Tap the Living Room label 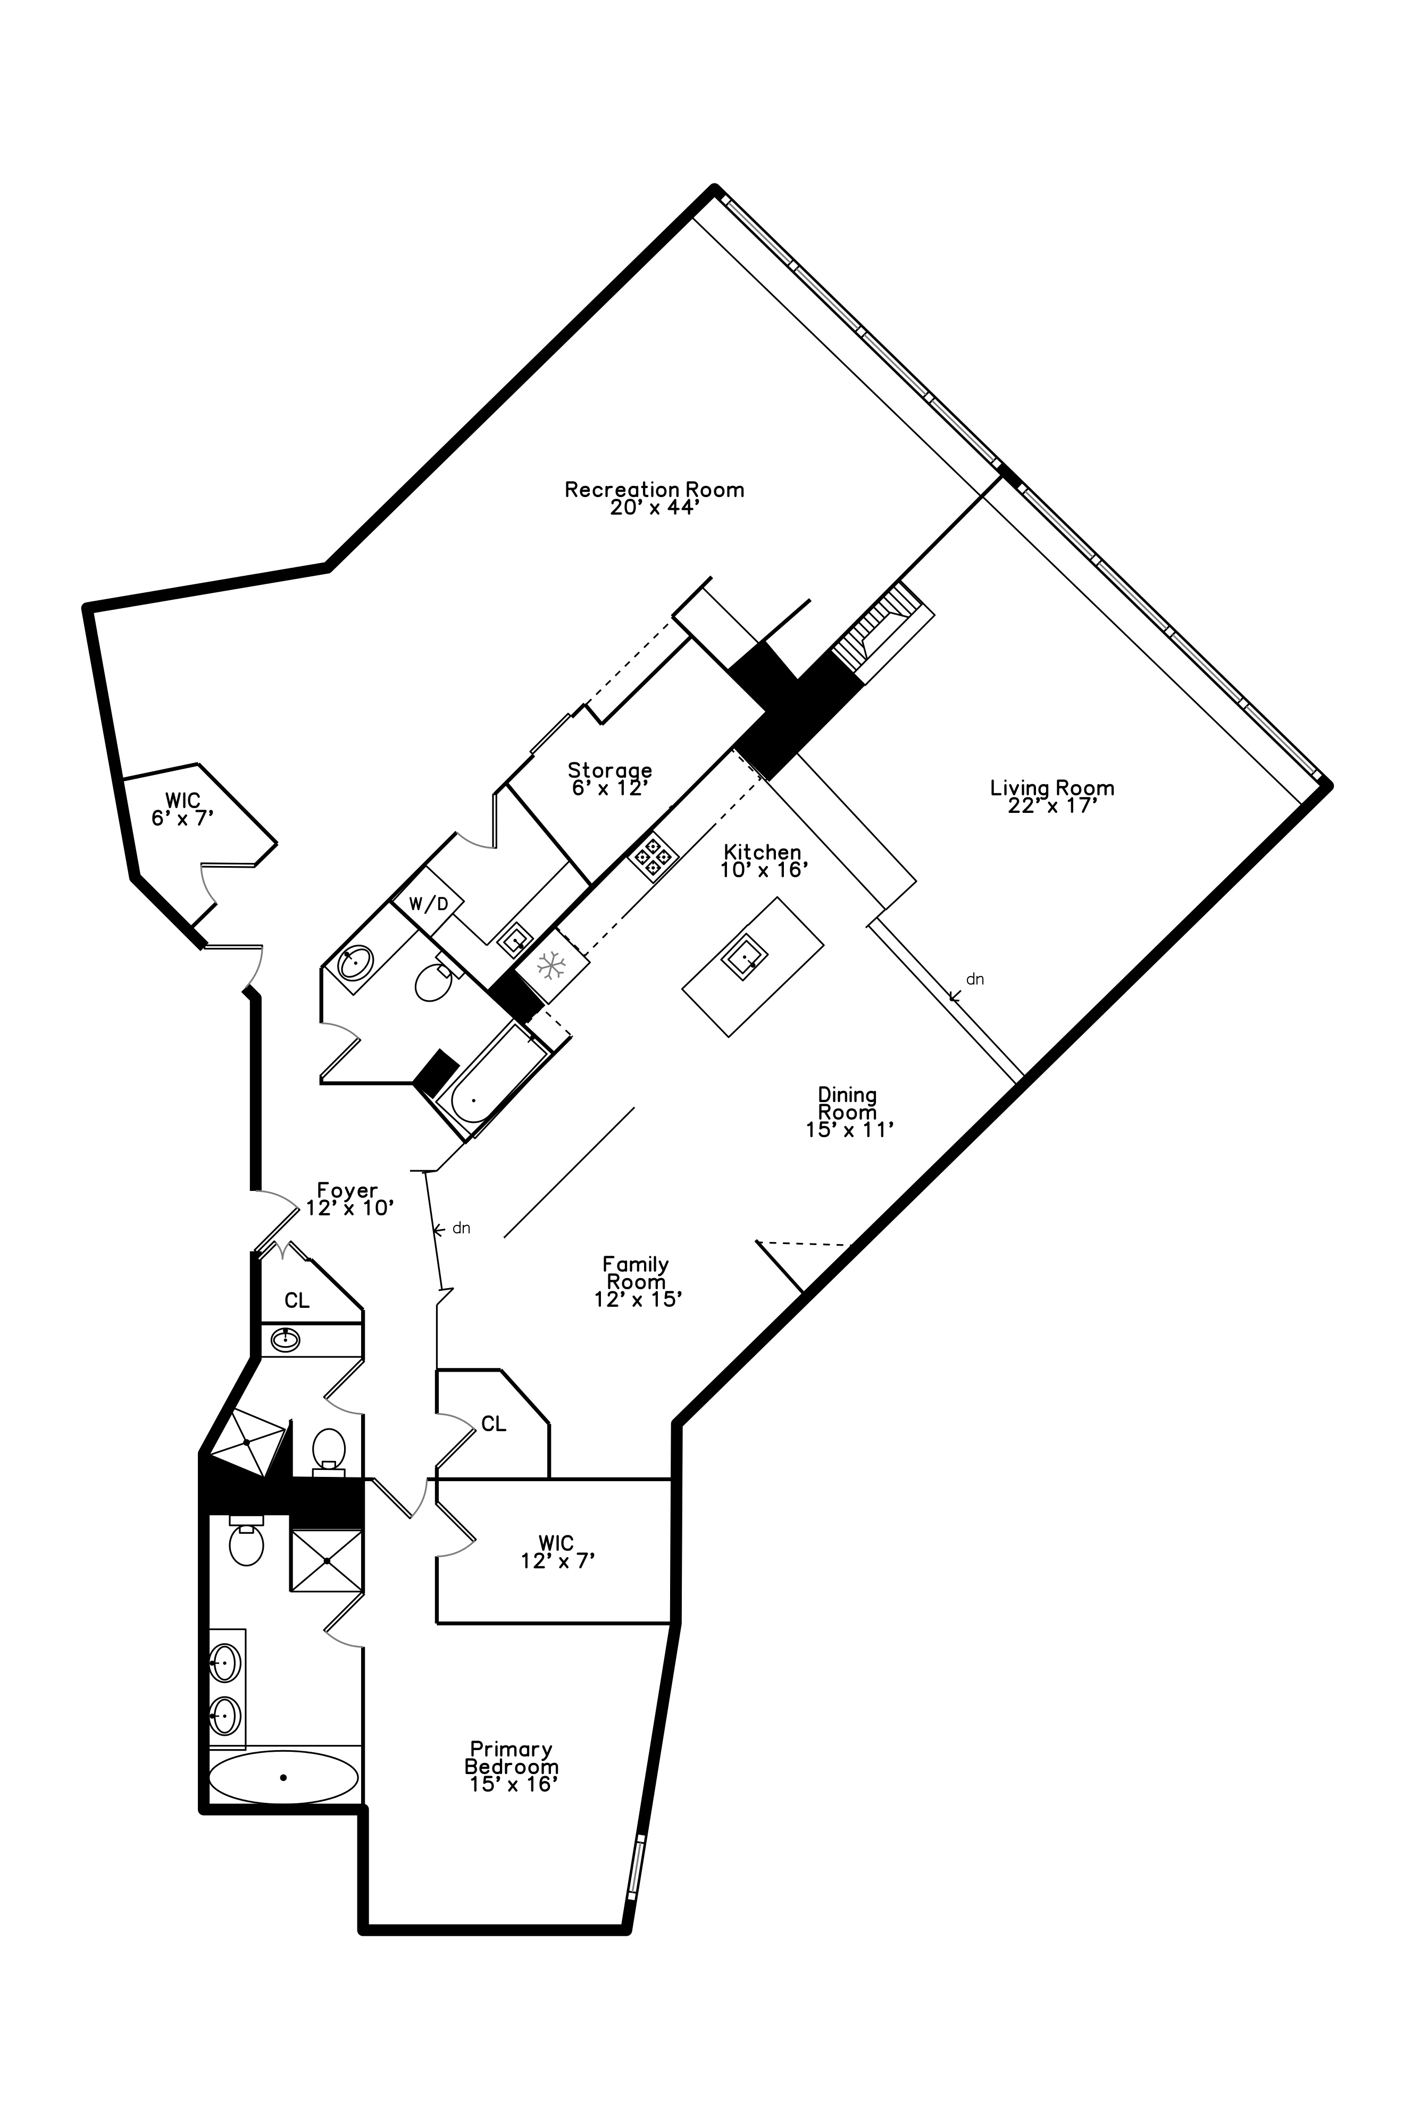pos(1052,796)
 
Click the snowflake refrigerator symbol pos(550,966)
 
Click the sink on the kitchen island pos(744,960)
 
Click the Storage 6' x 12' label pos(609,778)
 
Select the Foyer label pos(348,1199)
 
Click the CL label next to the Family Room pos(494,1424)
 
